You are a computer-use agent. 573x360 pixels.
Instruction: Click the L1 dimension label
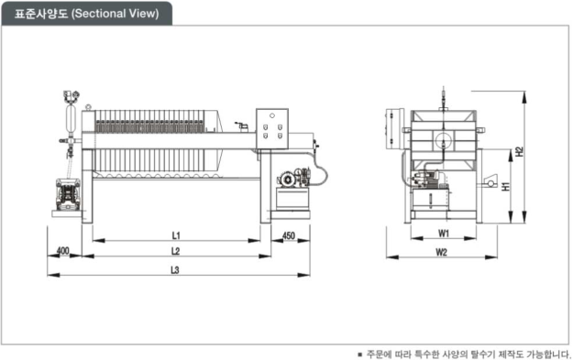pyautogui.click(x=176, y=235)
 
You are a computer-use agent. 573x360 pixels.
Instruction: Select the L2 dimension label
pyautogui.click(x=176, y=251)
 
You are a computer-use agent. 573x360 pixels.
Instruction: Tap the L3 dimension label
pyautogui.click(x=175, y=270)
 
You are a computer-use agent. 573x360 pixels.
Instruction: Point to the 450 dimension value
pyautogui.click(x=289, y=235)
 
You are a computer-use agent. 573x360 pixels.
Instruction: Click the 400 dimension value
pyautogui.click(x=63, y=251)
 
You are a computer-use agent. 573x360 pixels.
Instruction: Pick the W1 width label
pyautogui.click(x=443, y=234)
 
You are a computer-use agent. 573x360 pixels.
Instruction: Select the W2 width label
pyautogui.click(x=442, y=252)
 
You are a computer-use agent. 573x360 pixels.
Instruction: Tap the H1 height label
pyautogui.click(x=505, y=186)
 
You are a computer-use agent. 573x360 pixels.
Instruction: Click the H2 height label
pyautogui.click(x=519, y=152)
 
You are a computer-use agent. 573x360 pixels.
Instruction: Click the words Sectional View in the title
pyautogui.click(x=116, y=14)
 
